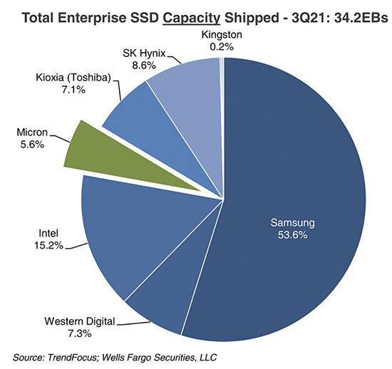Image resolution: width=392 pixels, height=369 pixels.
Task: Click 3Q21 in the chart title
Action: click(302, 14)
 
